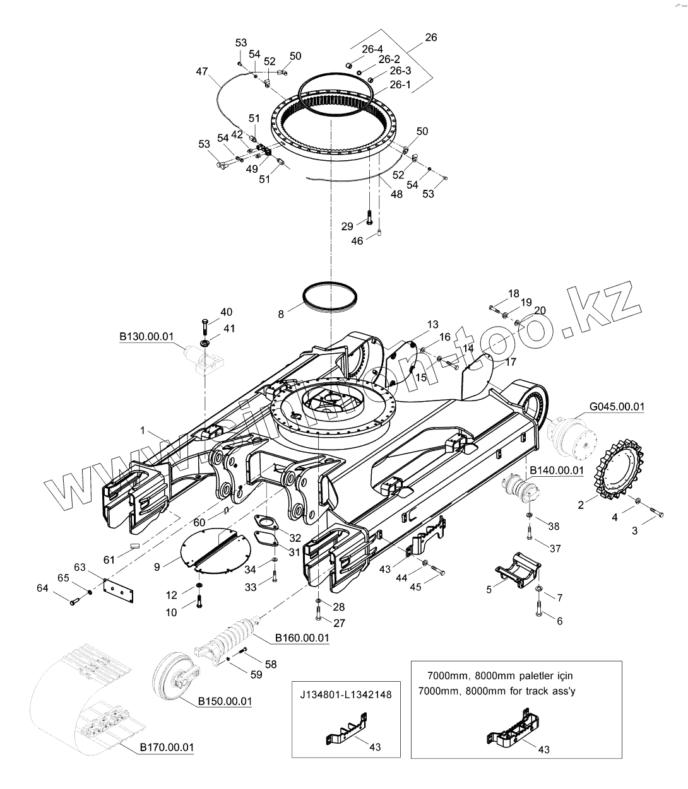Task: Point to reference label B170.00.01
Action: [x=166, y=748]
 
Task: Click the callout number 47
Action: [x=201, y=73]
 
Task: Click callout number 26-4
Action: [x=372, y=49]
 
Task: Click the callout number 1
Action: [x=143, y=430]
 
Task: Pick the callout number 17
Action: [x=509, y=362]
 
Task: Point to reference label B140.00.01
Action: [x=556, y=470]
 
